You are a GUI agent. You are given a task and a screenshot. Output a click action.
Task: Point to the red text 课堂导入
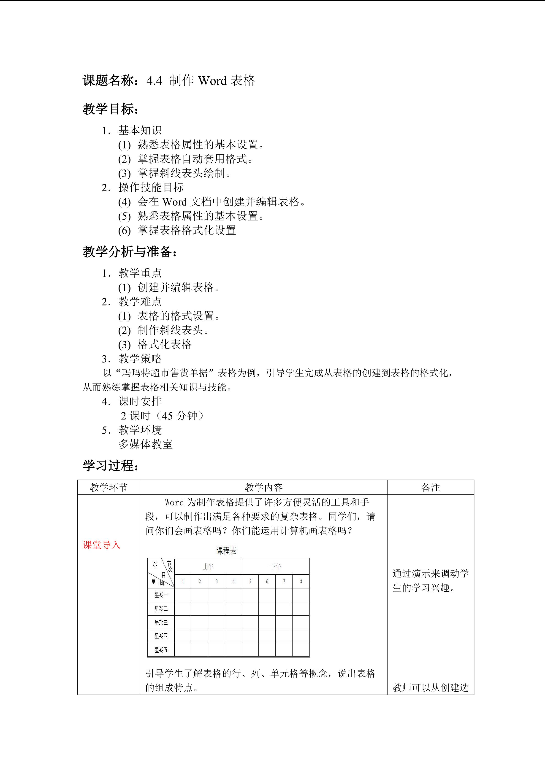pos(101,545)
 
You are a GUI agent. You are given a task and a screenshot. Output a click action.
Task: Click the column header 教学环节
pos(109,487)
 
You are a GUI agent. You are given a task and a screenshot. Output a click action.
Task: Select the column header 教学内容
pos(263,487)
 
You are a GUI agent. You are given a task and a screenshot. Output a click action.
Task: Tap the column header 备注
pos(431,487)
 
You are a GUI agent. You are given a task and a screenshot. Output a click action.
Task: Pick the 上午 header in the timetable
pos(208,567)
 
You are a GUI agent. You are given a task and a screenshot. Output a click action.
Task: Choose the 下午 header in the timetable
pos(276,567)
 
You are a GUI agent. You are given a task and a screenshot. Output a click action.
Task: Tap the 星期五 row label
pos(161,650)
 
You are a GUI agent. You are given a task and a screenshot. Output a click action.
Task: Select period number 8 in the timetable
pos(301,582)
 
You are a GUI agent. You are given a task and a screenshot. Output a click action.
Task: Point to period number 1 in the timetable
pos(183,582)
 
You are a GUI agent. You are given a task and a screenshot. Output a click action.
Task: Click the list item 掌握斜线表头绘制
pos(184,173)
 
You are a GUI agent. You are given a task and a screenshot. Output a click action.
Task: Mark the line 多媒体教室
pos(146,444)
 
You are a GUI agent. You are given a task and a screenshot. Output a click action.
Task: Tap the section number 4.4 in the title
pos(154,81)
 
